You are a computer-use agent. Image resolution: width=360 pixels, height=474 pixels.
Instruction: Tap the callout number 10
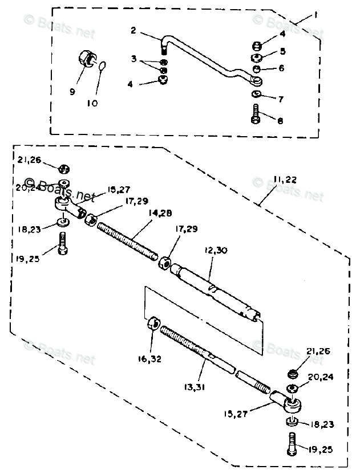pos(92,103)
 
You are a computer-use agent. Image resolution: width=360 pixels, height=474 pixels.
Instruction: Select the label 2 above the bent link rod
pos(133,30)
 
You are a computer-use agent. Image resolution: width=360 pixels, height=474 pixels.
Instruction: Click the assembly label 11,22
pos(284,179)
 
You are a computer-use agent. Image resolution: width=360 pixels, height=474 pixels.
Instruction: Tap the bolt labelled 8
pos(255,116)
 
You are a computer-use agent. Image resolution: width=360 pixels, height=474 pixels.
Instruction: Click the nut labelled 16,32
pos(152,326)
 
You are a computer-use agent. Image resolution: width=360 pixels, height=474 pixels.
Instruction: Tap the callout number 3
pos(133,59)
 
